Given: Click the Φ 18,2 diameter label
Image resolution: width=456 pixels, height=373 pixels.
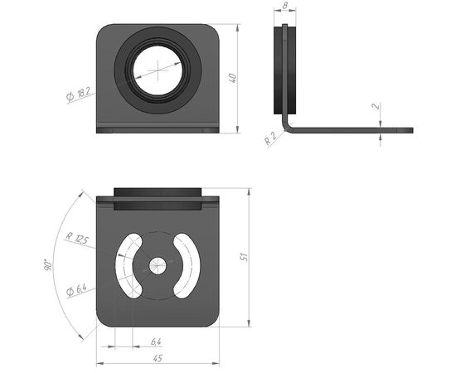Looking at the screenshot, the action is pos(78,94).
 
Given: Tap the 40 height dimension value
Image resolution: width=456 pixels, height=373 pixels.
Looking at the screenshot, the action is pos(233,79).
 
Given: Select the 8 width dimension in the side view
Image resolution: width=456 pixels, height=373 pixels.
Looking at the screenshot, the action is pos(284,5).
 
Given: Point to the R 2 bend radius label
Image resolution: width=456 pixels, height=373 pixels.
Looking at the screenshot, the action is pos(270,139).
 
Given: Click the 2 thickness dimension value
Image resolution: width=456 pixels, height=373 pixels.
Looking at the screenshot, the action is pos(376,106).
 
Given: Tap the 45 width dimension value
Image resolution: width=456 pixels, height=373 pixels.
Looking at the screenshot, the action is pos(158,358).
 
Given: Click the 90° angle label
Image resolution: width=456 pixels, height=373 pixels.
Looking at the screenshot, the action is pos(48,264).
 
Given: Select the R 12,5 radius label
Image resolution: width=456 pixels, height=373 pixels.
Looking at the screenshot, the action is pos(76,239).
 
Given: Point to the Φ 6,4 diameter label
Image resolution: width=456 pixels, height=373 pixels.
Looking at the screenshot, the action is pos(76,290).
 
